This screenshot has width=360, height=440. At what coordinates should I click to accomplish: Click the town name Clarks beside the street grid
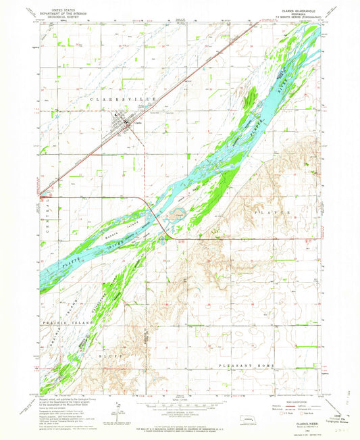click(138, 122)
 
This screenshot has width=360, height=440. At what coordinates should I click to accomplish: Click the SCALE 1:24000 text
click(180, 400)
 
